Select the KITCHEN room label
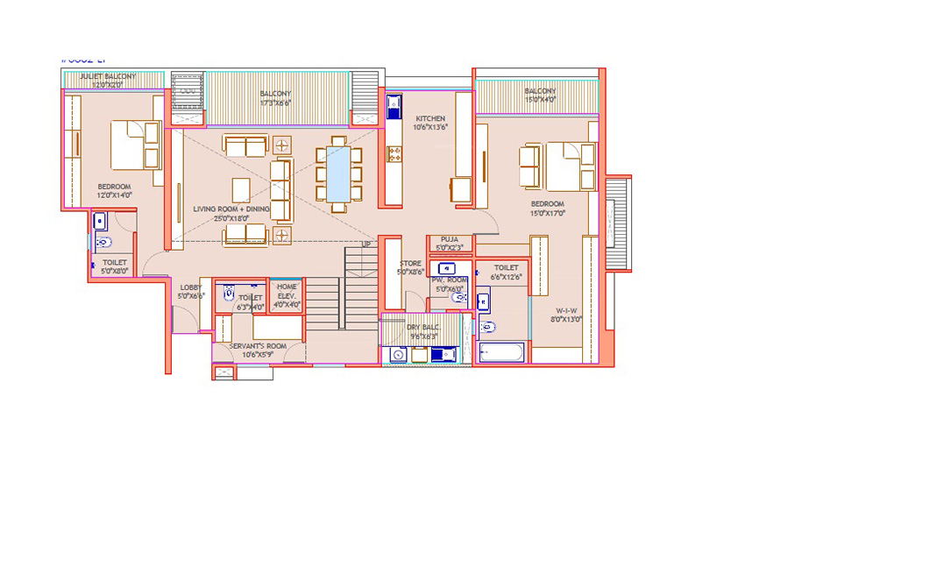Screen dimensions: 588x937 430,118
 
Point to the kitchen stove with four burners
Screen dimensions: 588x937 394,154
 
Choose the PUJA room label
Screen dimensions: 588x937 450,238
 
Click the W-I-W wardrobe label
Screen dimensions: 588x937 565,310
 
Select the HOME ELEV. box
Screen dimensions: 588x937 287,295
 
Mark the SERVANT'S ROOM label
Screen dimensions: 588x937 258,346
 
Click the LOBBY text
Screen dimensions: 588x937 190,287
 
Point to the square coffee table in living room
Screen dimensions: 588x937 241,189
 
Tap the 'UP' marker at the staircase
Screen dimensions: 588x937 366,244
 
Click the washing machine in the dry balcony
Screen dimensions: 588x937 399,355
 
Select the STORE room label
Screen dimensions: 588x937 410,263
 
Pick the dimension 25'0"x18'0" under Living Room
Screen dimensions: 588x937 231,218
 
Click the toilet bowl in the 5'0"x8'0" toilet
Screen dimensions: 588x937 103,242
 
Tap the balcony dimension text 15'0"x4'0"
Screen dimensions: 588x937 540,99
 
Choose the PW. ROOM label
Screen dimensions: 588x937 450,280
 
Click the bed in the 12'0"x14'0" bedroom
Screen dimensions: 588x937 134,145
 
